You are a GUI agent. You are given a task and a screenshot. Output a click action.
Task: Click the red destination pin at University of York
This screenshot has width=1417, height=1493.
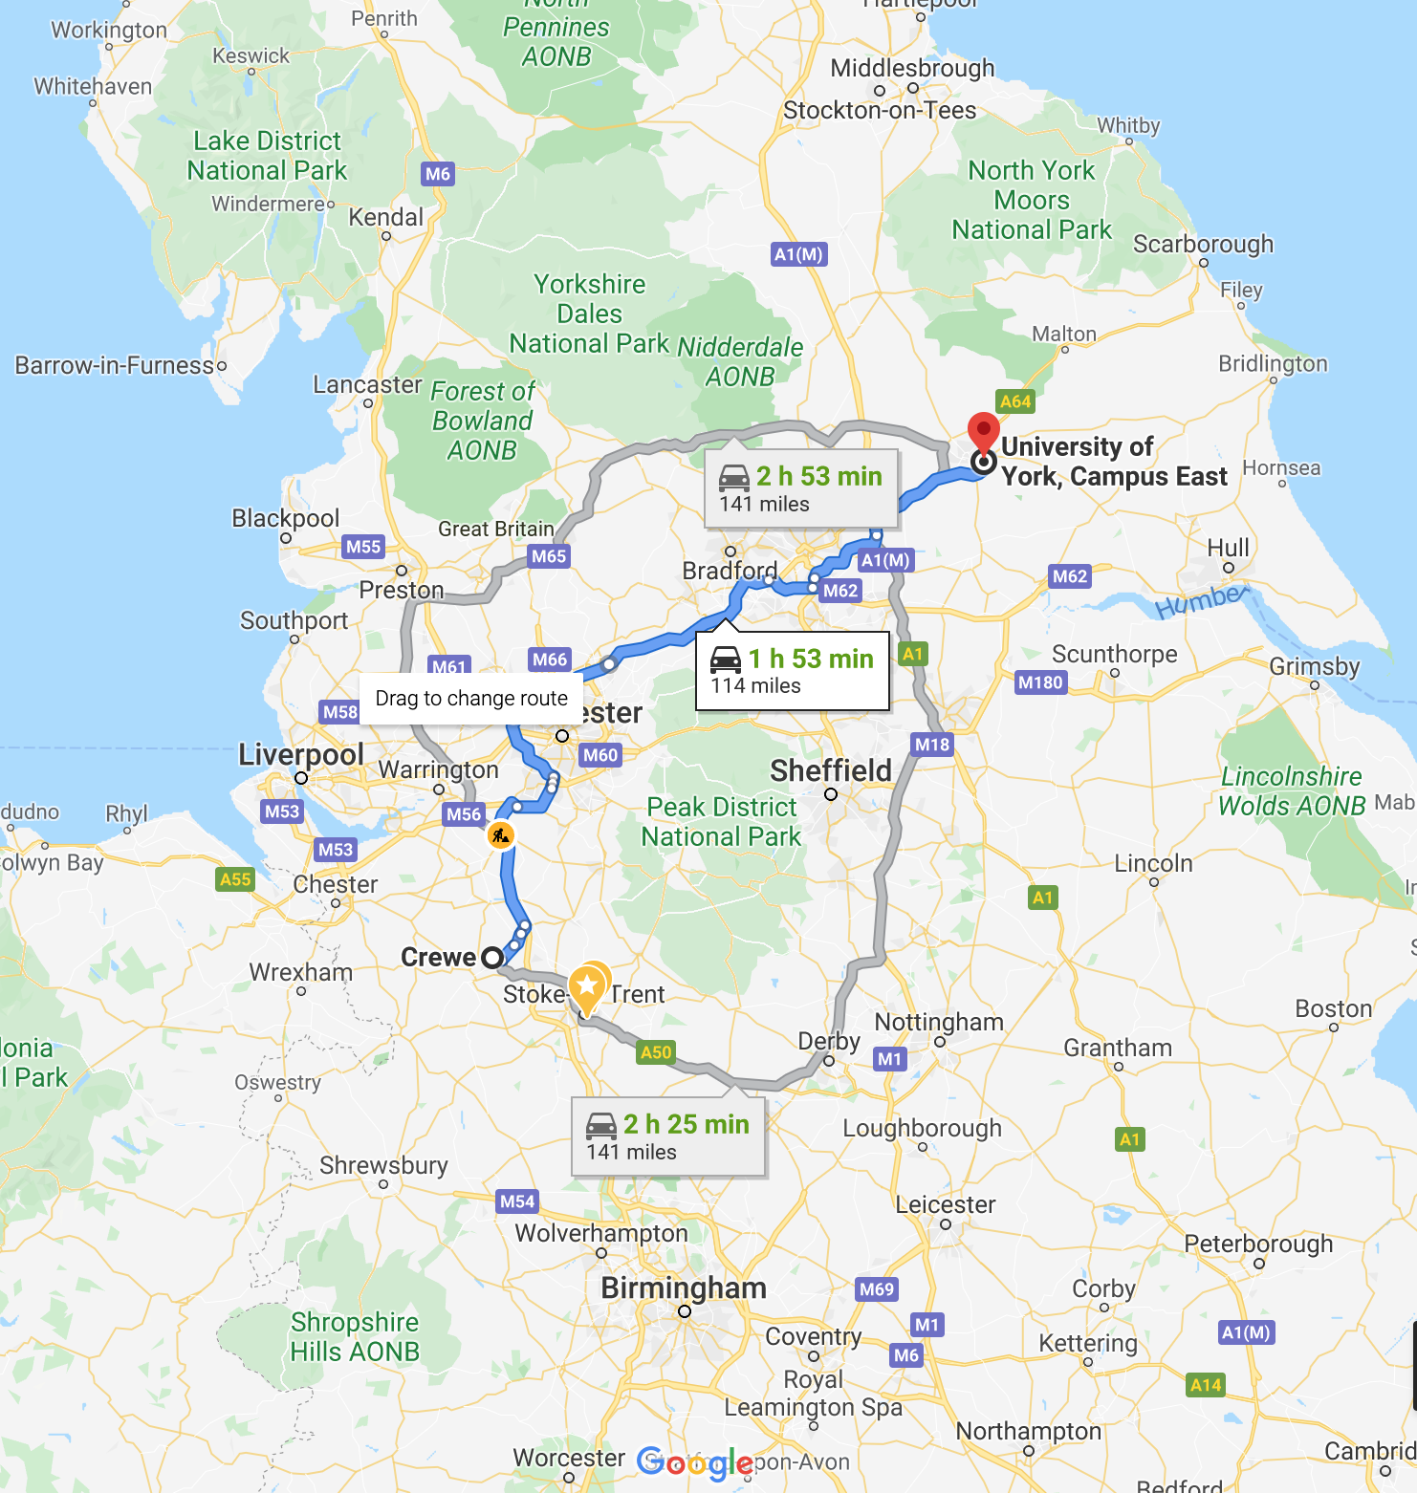pos(983,433)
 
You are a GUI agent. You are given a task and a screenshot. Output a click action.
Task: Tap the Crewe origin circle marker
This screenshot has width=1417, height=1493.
pos(492,957)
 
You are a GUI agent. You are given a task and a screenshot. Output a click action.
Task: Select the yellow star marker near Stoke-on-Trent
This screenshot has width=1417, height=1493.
pos(588,985)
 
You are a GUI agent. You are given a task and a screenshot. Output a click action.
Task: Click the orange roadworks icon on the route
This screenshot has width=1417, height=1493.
pos(500,836)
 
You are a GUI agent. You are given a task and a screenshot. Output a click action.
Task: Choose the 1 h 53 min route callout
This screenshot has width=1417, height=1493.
pos(793,671)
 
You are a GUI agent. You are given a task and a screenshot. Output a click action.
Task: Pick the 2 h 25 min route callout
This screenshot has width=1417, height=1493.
pos(668,1136)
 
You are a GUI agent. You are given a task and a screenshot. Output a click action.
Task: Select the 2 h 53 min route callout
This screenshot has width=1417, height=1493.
pos(801,488)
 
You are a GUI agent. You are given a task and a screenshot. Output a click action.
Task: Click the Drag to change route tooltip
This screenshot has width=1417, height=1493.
pos(471,699)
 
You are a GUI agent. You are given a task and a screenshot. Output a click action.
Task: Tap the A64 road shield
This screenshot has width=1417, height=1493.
pos(1014,401)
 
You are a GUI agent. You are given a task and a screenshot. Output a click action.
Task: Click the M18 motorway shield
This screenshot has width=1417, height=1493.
pos(931,745)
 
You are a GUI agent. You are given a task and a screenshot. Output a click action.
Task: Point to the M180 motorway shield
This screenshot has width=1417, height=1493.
pos(1040,682)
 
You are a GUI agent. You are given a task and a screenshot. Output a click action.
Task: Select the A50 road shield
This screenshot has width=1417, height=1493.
pos(656,1052)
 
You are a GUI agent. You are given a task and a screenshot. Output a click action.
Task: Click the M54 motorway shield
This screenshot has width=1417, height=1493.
pos(517,1201)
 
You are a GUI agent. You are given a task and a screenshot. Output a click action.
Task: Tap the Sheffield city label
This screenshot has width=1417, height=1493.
pos(831,770)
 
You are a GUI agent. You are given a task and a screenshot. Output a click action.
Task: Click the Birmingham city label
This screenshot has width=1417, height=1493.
pos(684,1287)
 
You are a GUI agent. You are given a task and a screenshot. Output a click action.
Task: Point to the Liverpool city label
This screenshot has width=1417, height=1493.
pos(301,754)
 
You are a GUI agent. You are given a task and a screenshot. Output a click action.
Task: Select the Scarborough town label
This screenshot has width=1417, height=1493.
pos(1203,244)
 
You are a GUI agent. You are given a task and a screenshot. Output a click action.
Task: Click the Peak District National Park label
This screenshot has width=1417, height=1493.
pos(722,822)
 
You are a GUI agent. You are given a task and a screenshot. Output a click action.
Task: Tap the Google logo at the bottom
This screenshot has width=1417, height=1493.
pos(695,1463)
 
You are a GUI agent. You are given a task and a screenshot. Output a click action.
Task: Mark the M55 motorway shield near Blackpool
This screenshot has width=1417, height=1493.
pos(363,547)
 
